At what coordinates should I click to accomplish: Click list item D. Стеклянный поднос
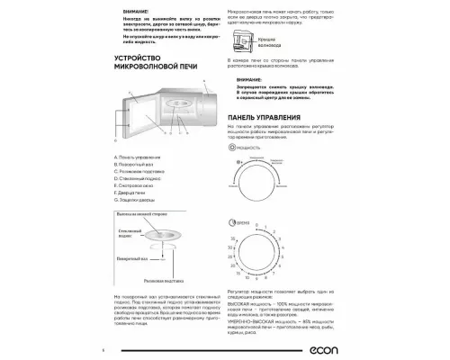139,178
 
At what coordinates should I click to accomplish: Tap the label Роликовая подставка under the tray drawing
175,281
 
